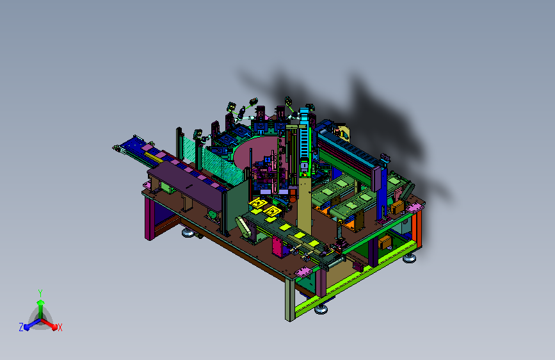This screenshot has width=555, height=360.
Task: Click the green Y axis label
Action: (40, 293)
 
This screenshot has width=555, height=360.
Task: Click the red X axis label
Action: (60, 327)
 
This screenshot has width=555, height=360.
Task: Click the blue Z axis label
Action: (21, 327)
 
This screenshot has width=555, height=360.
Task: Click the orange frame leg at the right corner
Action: (417, 229)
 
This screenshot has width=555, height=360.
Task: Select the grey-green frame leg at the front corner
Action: (290, 299)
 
